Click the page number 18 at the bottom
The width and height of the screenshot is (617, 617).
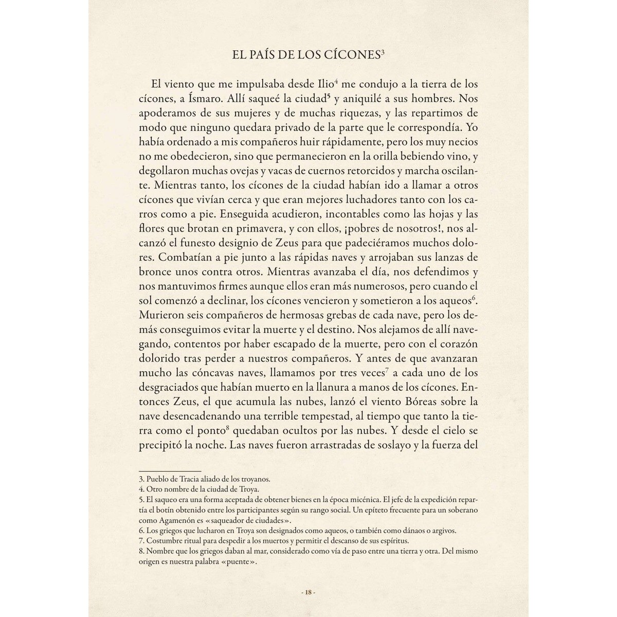tap(308, 592)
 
